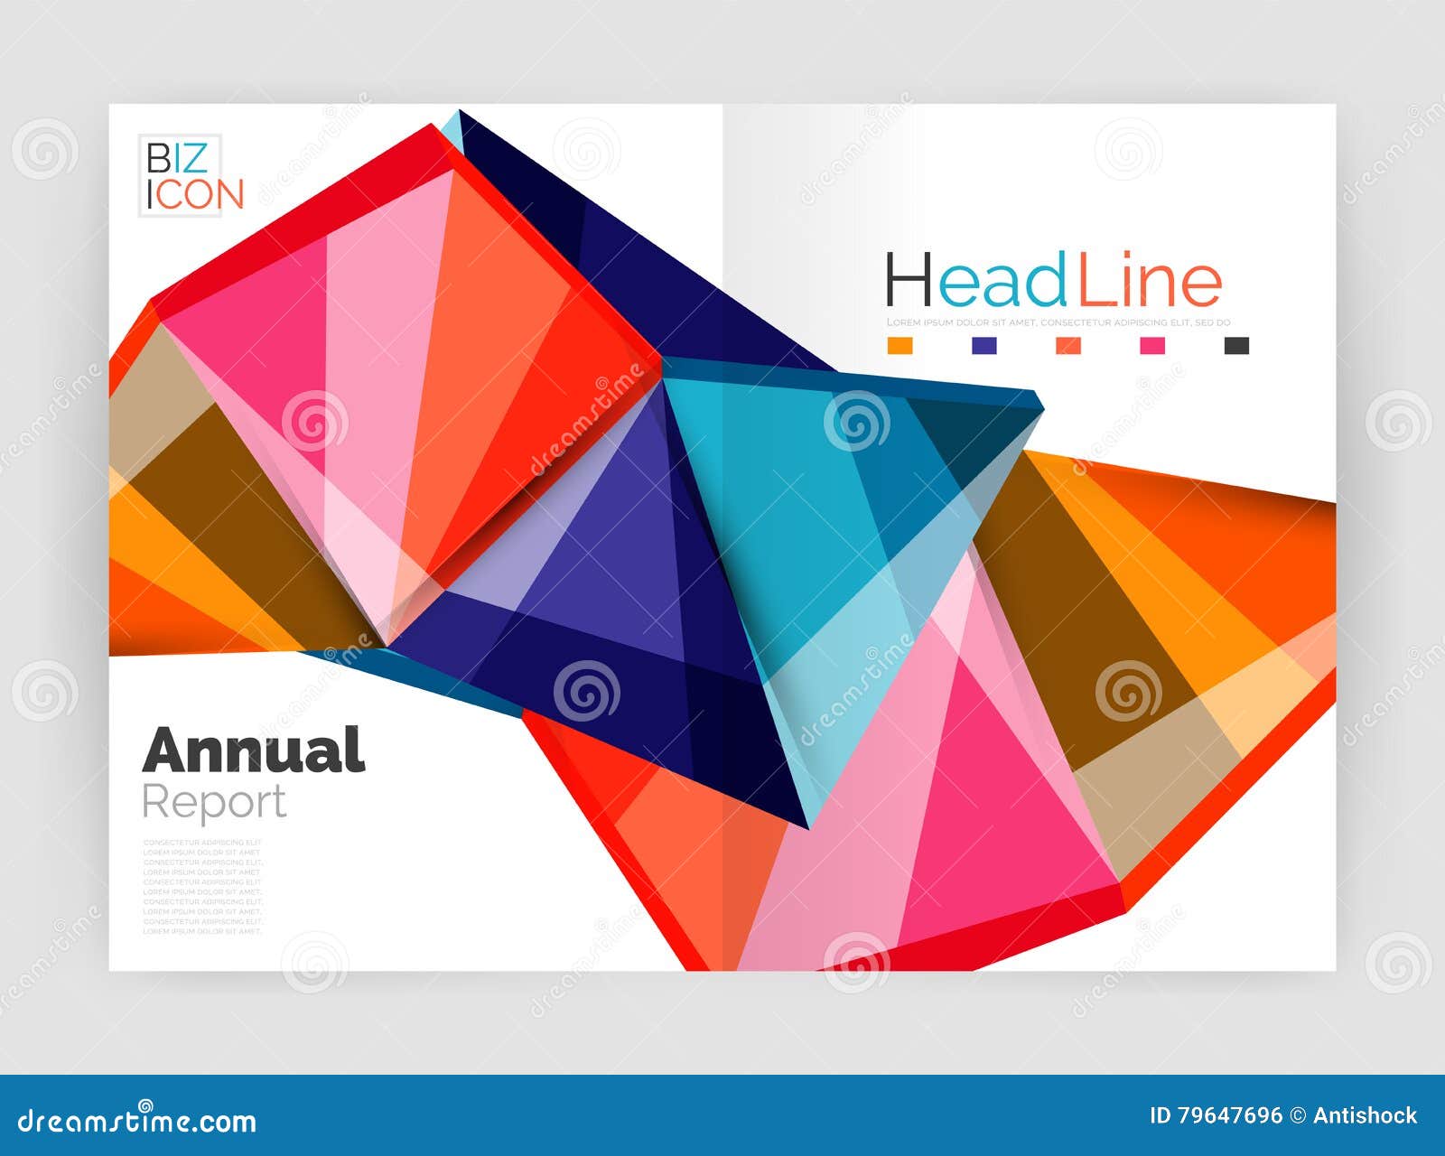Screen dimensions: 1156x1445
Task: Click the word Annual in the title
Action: [x=254, y=750]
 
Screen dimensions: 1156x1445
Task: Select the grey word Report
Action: [x=214, y=802]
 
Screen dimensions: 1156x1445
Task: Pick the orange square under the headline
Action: [x=900, y=345]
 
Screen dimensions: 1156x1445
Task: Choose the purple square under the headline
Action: [x=984, y=345]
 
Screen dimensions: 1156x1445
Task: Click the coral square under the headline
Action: [x=1068, y=345]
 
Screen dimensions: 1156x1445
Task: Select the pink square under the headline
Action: [x=1152, y=345]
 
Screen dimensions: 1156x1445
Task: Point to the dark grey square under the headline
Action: [x=1236, y=345]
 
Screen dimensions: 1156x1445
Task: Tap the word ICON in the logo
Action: [x=196, y=195]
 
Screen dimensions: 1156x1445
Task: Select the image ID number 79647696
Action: [x=1228, y=1116]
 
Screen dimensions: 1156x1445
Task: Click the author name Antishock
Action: [x=1366, y=1116]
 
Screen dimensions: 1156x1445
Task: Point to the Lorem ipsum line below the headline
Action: [x=1058, y=322]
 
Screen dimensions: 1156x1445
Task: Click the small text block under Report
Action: [x=202, y=886]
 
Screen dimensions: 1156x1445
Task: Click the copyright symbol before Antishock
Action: [x=1298, y=1116]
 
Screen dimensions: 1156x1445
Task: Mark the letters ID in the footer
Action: [x=1160, y=1116]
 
